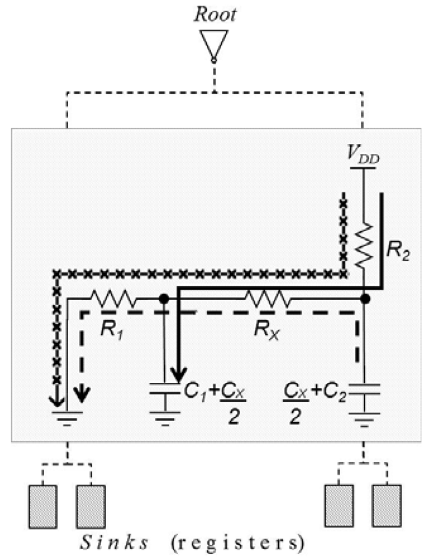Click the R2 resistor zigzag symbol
(x=364, y=243)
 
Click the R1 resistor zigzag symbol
(x=112, y=299)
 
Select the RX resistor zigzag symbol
(x=267, y=299)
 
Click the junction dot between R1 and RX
(x=164, y=299)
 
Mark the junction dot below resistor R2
(x=364, y=299)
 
